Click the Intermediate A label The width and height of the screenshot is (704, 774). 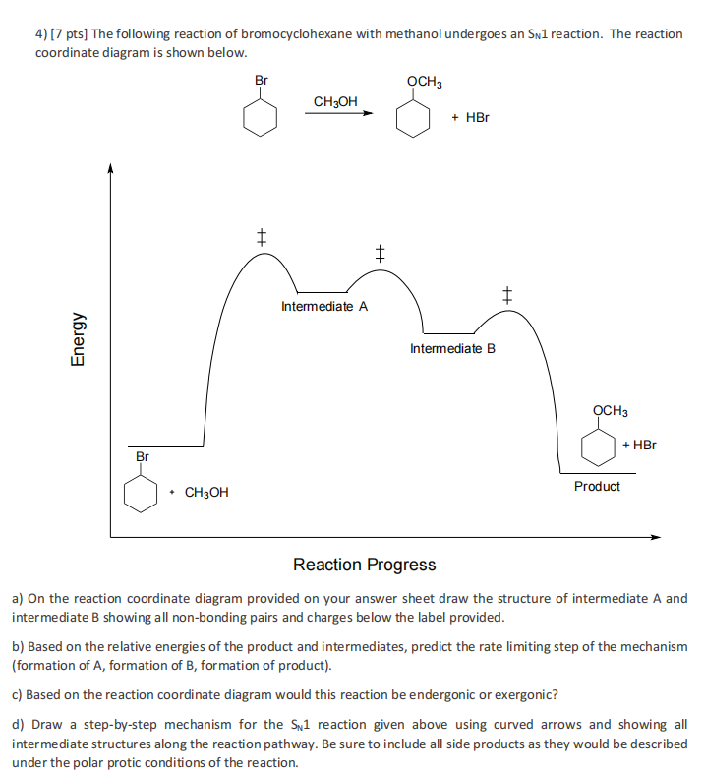[324, 306]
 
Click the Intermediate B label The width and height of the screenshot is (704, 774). [452, 348]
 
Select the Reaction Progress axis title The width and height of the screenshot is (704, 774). [364, 565]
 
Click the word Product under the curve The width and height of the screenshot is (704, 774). [597, 486]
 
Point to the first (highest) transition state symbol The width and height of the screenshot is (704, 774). [261, 236]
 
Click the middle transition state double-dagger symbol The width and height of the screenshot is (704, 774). [379, 253]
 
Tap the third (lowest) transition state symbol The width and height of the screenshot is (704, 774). [507, 293]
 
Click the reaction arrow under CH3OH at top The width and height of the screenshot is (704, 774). [338, 113]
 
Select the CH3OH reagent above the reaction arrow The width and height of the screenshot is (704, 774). [335, 100]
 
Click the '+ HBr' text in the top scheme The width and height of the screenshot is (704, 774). [470, 117]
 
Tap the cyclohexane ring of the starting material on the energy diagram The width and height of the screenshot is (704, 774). [142, 492]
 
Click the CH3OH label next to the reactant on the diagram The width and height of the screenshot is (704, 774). [206, 492]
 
